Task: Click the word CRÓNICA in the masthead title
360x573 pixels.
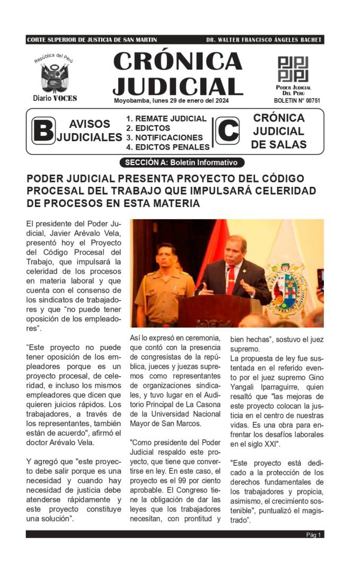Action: tap(178, 62)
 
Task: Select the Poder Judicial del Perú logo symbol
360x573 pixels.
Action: tap(293, 69)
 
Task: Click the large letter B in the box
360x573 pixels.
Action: tap(43, 131)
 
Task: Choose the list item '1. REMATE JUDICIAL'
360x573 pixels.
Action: tap(166, 118)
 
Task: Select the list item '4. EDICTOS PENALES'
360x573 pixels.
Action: tap(168, 147)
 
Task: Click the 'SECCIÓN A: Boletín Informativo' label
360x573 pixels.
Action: tap(179, 162)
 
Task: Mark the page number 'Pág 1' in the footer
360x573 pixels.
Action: tap(313, 534)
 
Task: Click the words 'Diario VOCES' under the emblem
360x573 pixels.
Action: tap(55, 98)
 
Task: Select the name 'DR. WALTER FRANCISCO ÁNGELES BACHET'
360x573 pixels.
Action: tap(264, 40)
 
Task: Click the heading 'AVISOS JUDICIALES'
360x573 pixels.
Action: tap(89, 131)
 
